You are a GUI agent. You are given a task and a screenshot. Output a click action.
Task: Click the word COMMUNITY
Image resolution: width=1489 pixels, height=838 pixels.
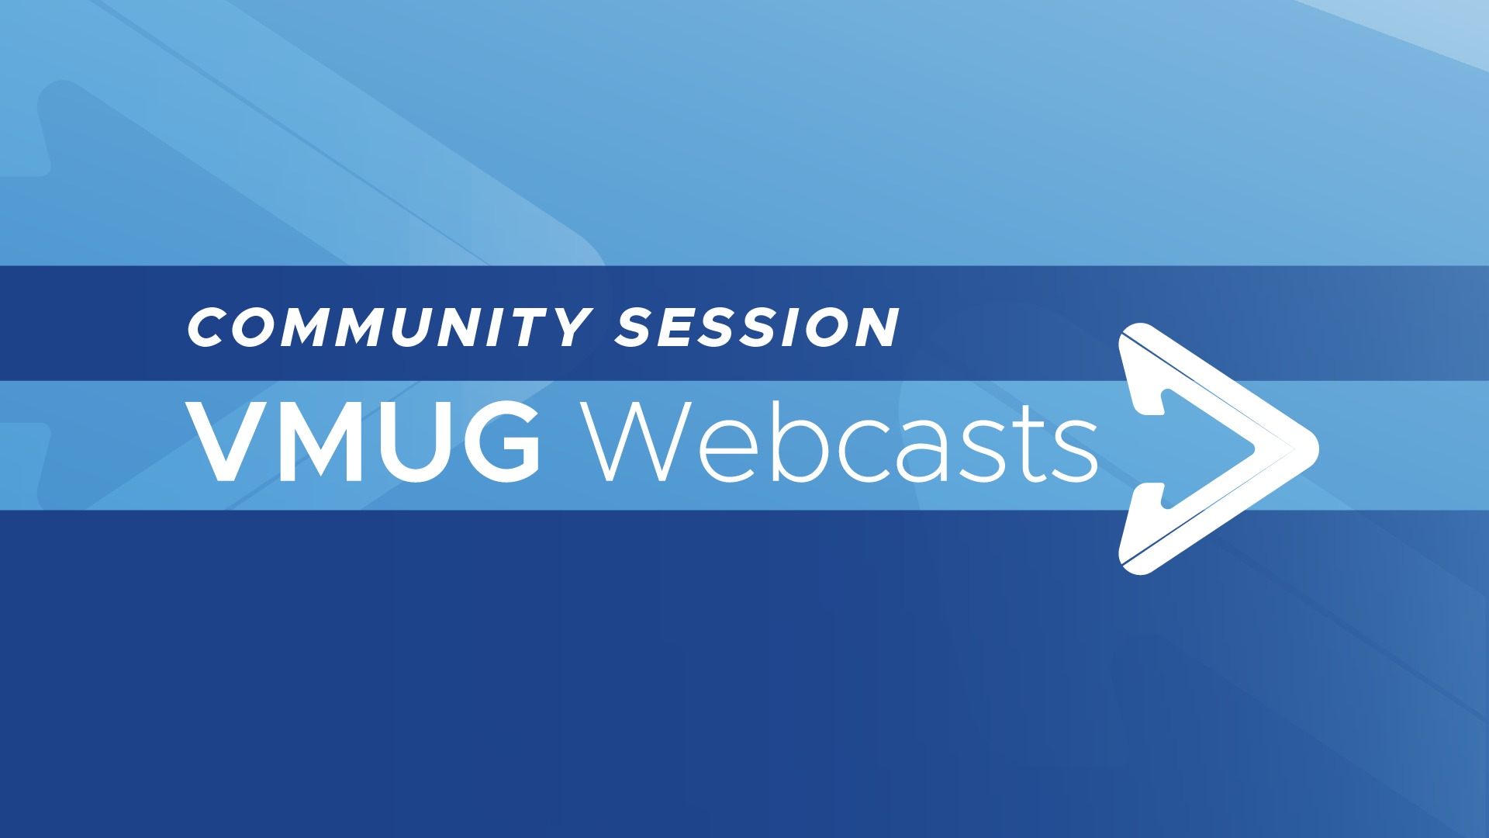coord(390,327)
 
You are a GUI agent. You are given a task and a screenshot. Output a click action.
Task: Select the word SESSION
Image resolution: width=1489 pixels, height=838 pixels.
coord(757,327)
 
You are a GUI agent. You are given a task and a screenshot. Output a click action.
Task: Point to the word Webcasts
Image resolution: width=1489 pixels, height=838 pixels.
coord(840,441)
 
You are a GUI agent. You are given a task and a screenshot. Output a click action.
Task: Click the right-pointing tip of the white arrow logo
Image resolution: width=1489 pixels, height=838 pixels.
coord(1318,448)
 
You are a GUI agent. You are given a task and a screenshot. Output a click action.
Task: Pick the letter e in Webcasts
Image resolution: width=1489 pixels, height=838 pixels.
coord(728,451)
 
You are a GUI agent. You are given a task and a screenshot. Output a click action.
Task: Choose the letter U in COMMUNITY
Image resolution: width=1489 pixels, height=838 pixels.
coord(413,327)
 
